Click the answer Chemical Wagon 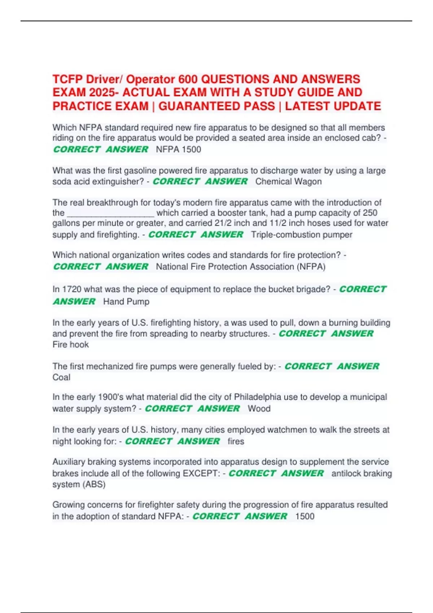click(x=288, y=181)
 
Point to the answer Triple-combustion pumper click(x=301, y=235)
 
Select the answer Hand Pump click(x=126, y=302)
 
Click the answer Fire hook click(x=71, y=345)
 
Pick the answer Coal click(x=61, y=378)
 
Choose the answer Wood click(x=259, y=409)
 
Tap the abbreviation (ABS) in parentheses click(x=95, y=485)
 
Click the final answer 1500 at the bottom click(x=305, y=516)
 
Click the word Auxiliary click(x=69, y=462)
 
